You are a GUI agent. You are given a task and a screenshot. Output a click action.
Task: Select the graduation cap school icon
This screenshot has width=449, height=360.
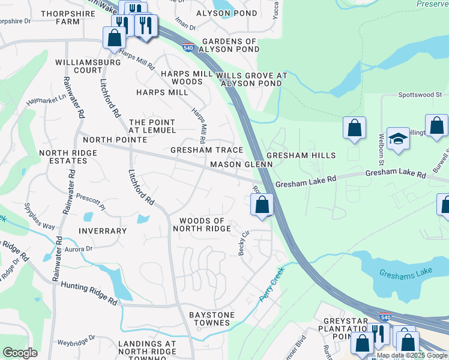(x=398, y=139)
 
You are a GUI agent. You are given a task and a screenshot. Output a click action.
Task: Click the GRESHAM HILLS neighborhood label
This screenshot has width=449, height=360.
(x=301, y=155)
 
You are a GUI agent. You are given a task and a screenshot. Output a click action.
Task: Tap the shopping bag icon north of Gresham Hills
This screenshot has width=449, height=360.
(x=355, y=128)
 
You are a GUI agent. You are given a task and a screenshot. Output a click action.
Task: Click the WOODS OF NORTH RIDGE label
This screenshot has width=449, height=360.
(x=202, y=225)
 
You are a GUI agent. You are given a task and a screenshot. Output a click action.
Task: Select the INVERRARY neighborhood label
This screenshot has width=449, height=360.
(x=102, y=231)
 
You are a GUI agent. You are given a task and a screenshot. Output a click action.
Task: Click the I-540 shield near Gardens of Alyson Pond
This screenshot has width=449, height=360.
(x=188, y=47)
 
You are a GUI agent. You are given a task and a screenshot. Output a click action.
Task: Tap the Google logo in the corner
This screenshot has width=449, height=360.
(x=20, y=353)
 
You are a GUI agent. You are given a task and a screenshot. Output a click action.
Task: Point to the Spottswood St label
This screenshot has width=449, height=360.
(x=420, y=95)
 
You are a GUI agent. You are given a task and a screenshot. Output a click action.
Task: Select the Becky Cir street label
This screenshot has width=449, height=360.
(x=244, y=244)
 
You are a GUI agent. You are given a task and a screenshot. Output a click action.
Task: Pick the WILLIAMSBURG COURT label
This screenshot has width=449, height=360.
(x=79, y=66)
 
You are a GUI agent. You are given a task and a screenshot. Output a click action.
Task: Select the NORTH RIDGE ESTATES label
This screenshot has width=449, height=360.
(x=68, y=157)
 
